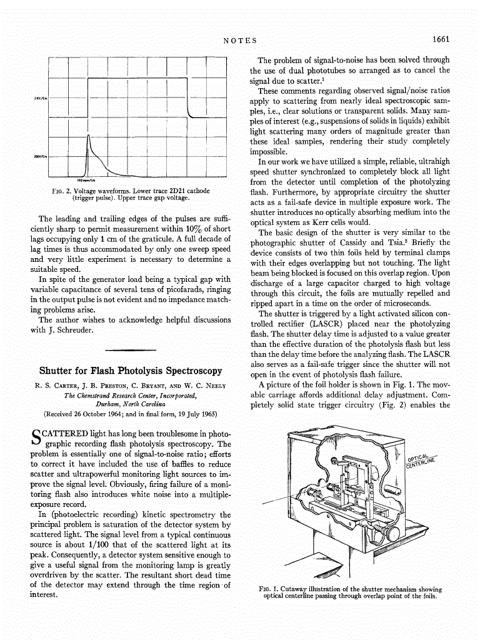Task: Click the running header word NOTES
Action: click(240, 41)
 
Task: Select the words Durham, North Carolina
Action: click(131, 404)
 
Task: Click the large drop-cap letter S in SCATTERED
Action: click(36, 437)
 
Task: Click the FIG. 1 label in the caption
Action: click(270, 589)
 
